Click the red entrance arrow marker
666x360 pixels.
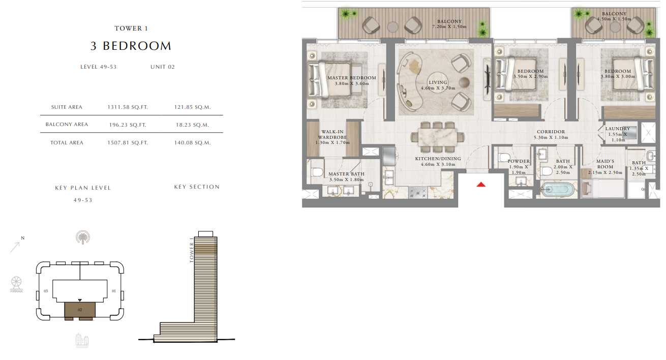[481, 185]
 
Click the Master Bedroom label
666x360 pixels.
[352, 78]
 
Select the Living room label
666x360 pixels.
[438, 82]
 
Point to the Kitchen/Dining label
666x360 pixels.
[438, 159]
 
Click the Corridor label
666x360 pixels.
[551, 132]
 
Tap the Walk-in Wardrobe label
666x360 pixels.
[332, 134]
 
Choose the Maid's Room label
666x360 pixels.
[605, 164]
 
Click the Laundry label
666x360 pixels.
[618, 129]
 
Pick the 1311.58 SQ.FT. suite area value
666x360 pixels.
[128, 107]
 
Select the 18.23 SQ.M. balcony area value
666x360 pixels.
[192, 125]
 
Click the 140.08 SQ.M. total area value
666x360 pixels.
[192, 143]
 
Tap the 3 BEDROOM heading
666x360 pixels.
[131, 46]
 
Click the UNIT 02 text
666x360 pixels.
[163, 67]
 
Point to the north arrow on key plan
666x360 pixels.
[15, 247]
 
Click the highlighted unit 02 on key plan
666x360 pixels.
[80, 310]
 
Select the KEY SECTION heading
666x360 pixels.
[197, 187]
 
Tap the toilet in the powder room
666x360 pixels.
[504, 157]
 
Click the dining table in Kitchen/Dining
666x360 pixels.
[437, 137]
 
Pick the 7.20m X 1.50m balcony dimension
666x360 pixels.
[449, 27]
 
